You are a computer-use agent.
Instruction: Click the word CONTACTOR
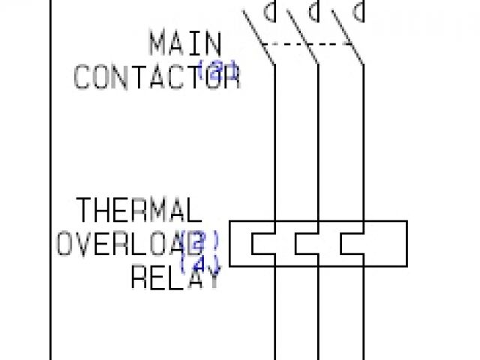pyautogui.click(x=156, y=76)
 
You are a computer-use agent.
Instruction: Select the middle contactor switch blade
pyautogui.click(x=301, y=37)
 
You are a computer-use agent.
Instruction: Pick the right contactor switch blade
pyautogui.click(x=346, y=37)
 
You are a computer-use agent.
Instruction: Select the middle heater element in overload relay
pyautogui.click(x=306, y=244)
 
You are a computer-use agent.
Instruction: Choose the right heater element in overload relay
pyautogui.click(x=351, y=244)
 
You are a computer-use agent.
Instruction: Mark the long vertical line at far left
pyautogui.click(x=51, y=180)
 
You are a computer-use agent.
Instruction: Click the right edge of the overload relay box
pyautogui.click(x=406, y=244)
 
